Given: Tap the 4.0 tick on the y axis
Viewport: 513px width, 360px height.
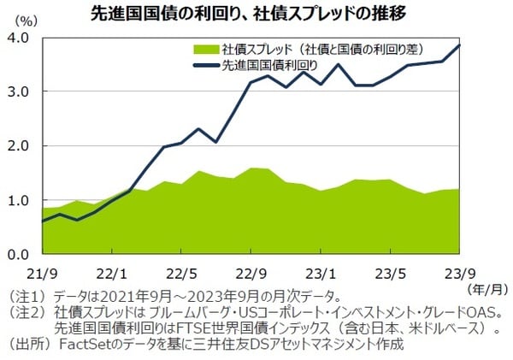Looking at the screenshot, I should pos(20,38).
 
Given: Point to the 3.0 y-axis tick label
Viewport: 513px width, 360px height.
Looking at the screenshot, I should pos(20,92).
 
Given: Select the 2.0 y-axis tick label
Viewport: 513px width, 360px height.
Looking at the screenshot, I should pos(20,146).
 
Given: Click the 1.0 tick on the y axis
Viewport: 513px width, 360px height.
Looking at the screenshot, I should pos(20,201).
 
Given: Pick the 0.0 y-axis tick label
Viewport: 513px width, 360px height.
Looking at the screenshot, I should pos(20,255).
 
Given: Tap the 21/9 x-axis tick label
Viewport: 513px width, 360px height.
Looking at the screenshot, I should pos(42,274).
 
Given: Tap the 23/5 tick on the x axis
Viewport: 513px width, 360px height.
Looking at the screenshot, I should pos(390,274).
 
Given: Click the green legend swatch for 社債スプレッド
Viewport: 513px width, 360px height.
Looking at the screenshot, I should pos(206,49).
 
